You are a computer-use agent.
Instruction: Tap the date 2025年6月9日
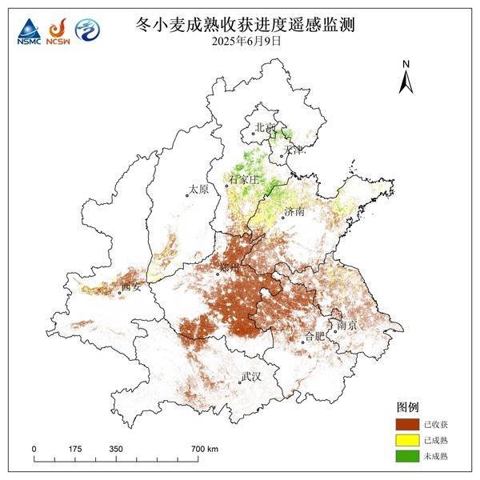tap(246, 41)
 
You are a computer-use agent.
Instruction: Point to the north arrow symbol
tap(406, 78)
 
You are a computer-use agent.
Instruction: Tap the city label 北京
tap(265, 127)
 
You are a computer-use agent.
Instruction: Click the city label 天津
tap(293, 150)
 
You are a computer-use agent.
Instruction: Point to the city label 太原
tap(198, 190)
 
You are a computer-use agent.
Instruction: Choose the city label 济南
tap(294, 211)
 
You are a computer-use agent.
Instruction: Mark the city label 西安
tap(130, 286)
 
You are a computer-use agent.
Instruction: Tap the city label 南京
tap(346, 326)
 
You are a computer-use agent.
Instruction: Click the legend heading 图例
tap(407, 407)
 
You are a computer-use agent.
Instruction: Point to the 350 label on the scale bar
tap(116, 449)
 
